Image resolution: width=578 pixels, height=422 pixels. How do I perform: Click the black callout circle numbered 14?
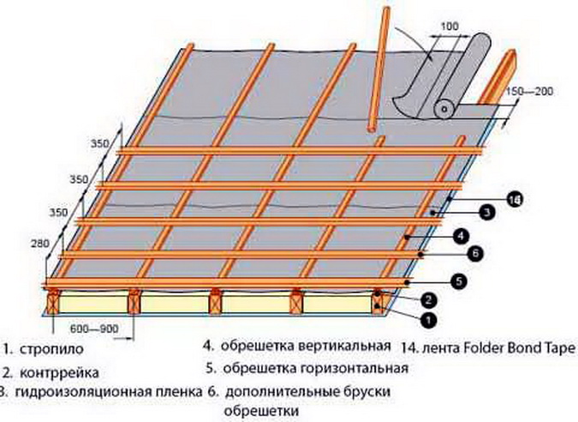pos(513,200)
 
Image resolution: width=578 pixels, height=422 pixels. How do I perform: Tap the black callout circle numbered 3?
pos(484,211)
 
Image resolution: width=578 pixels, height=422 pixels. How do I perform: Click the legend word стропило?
pos(58,350)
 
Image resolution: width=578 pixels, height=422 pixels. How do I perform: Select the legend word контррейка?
pos(63,373)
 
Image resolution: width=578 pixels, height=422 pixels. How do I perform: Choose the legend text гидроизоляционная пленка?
pos(102,393)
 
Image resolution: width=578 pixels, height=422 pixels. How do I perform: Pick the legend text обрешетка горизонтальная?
pos(312,369)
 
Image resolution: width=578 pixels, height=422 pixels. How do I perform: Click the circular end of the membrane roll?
pos(443,109)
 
